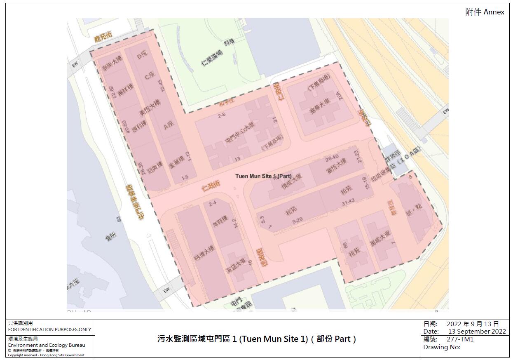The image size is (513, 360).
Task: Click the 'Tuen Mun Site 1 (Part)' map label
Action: [263, 176]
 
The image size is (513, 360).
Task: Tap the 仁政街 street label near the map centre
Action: [211, 186]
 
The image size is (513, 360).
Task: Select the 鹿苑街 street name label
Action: [103, 38]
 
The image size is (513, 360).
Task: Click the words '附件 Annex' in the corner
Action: [485, 12]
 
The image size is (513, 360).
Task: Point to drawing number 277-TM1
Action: [460, 339]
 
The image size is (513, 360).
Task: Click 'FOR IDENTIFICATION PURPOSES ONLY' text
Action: [49, 329]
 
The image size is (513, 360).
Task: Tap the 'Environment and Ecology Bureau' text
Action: [47, 345]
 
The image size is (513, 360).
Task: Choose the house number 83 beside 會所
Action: [120, 220]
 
